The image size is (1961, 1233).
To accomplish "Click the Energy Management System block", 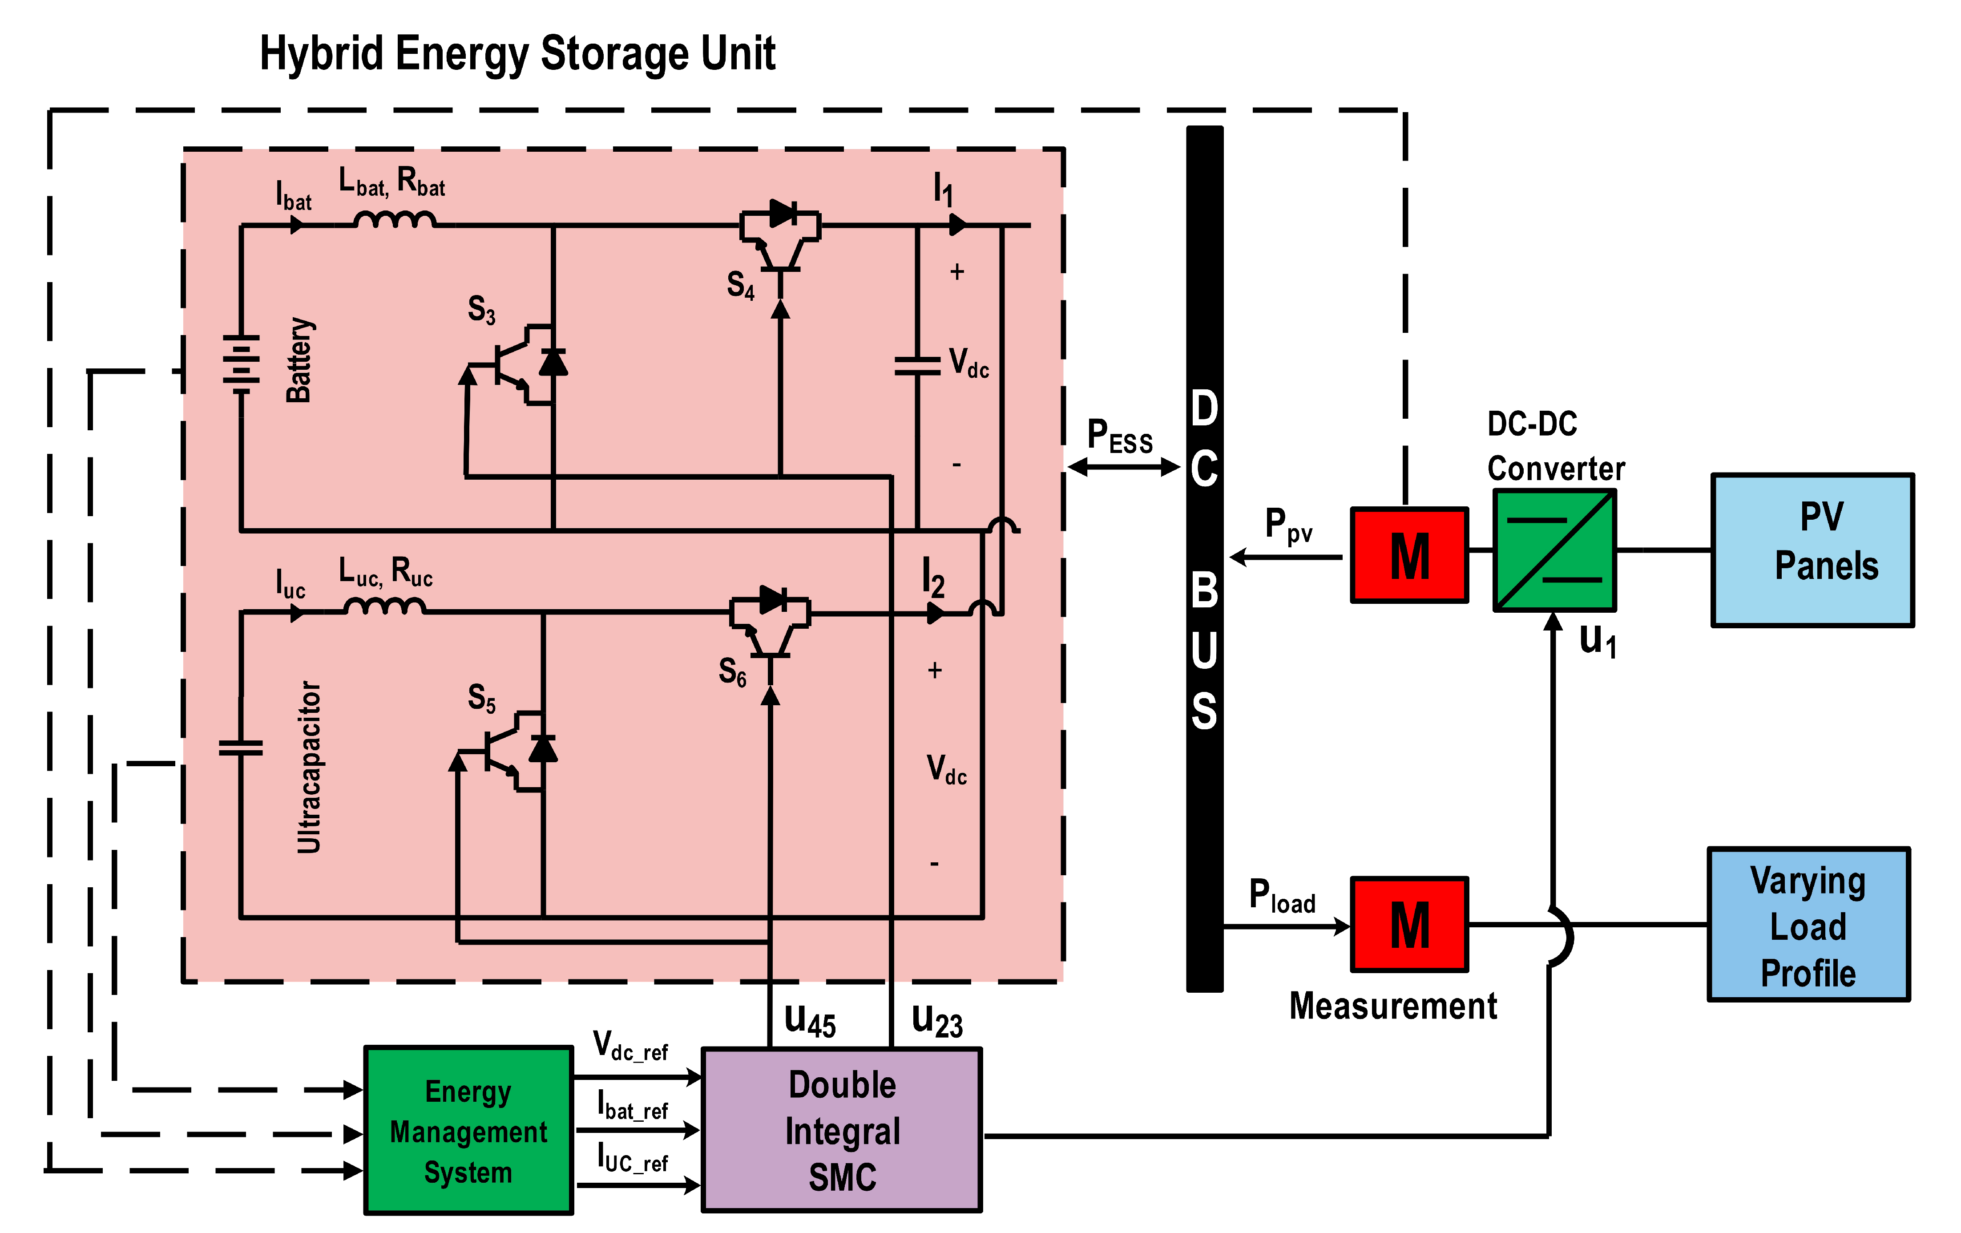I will point(468,1130).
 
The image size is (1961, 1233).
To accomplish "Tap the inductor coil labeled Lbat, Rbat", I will point(395,220).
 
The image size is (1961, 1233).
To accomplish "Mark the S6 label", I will point(732,673).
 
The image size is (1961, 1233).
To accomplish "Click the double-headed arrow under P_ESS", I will point(1123,467).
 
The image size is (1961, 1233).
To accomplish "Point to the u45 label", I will point(810,1020).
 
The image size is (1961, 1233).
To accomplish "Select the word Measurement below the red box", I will point(1392,1006).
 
